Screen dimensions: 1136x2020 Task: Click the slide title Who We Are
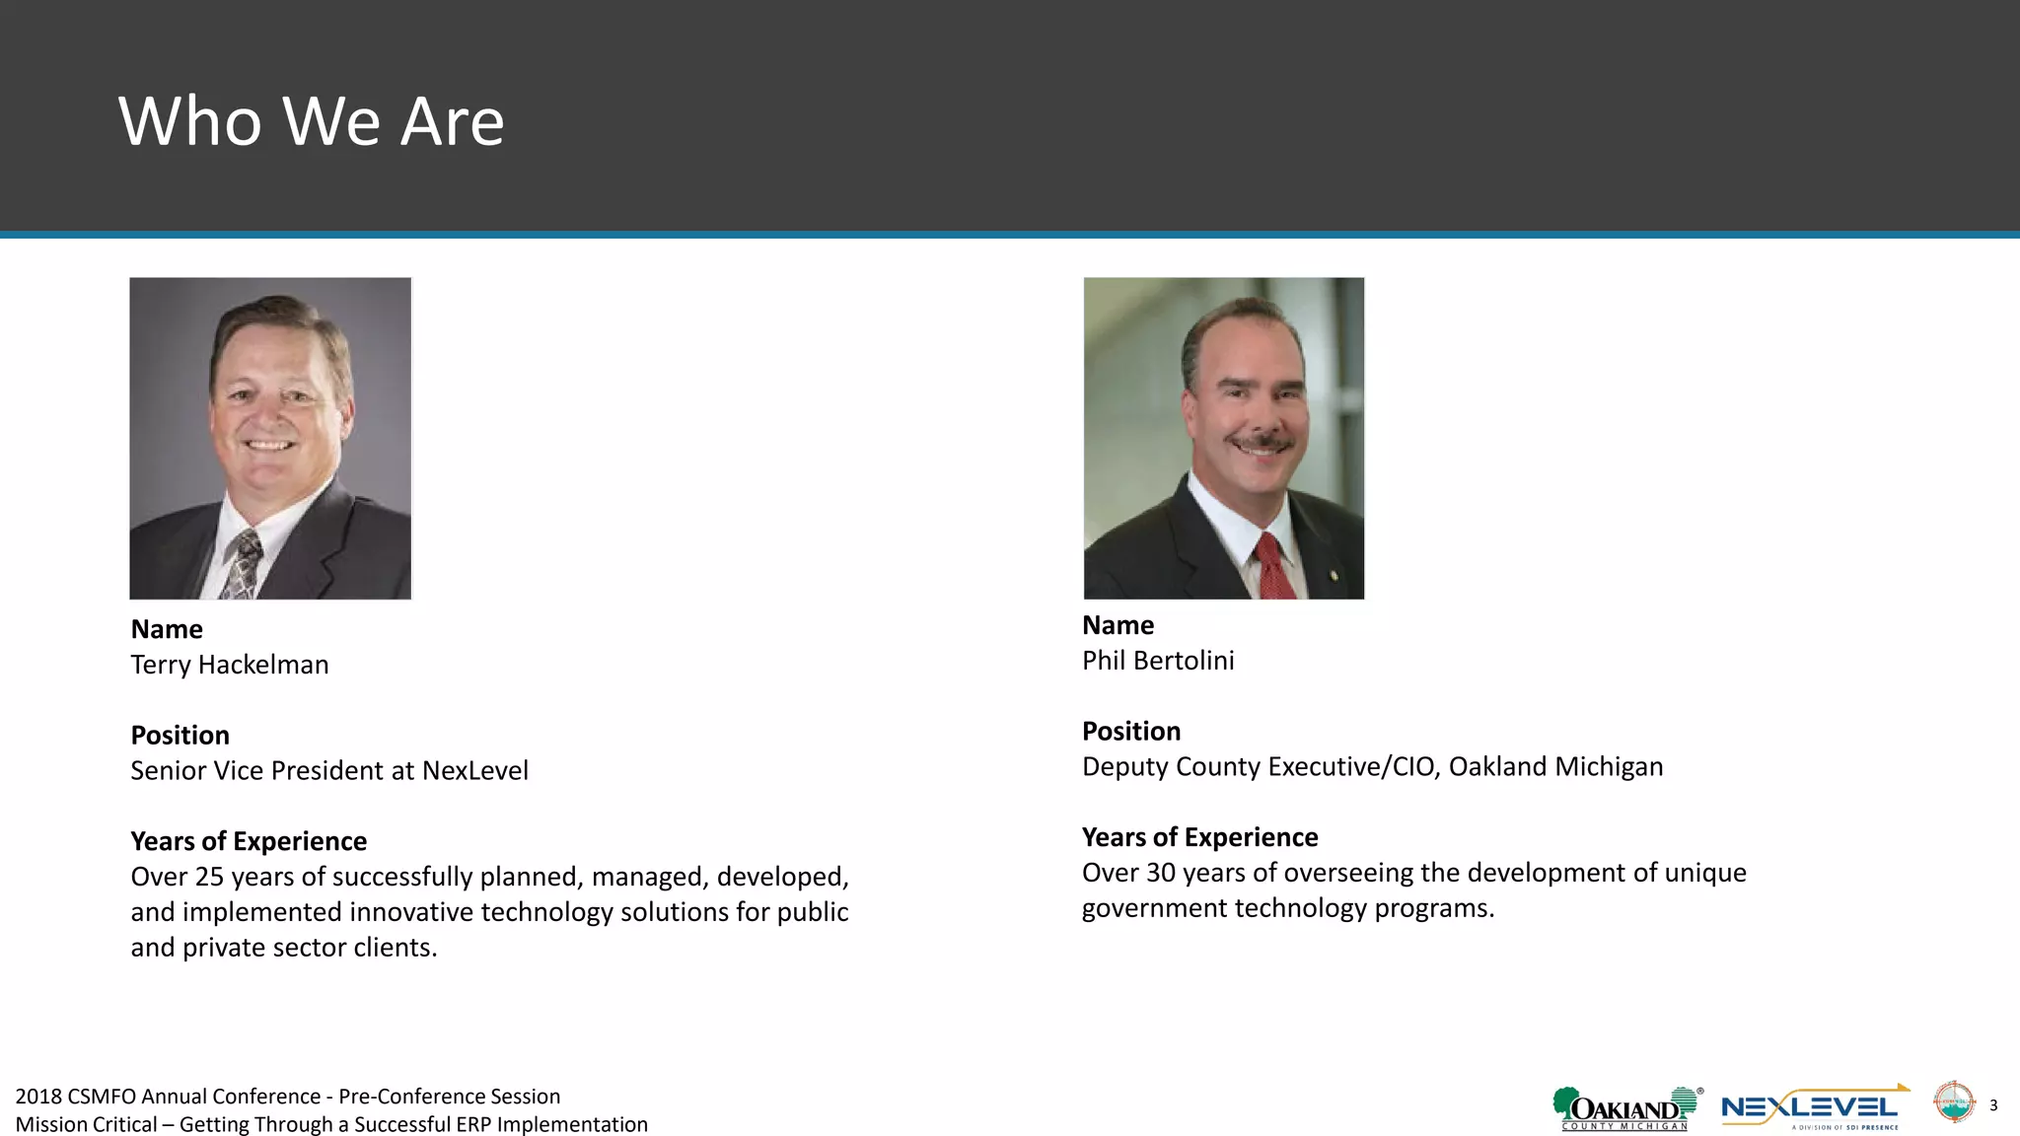tap(311, 121)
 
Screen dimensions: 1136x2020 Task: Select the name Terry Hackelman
tap(229, 665)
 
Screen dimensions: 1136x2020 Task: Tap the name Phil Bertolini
tap(1157, 661)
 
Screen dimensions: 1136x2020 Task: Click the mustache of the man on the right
tap(1261, 440)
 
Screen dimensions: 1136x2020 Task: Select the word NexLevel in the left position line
tap(474, 770)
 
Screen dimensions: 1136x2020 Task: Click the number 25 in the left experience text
tap(209, 877)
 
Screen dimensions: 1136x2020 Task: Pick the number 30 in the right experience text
tap(1161, 873)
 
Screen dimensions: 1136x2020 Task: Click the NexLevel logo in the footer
tap(1812, 1108)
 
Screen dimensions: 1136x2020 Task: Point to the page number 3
tap(1993, 1105)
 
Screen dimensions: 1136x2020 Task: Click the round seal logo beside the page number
tap(1953, 1102)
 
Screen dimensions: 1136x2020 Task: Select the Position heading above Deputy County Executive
tap(1130, 732)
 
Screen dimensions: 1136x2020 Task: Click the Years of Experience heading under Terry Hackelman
tap(249, 841)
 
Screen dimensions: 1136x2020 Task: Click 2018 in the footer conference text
tap(38, 1097)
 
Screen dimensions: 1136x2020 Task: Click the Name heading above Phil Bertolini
tap(1118, 625)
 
